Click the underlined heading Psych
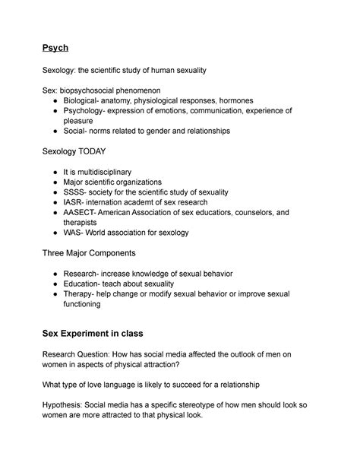point(55,48)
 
